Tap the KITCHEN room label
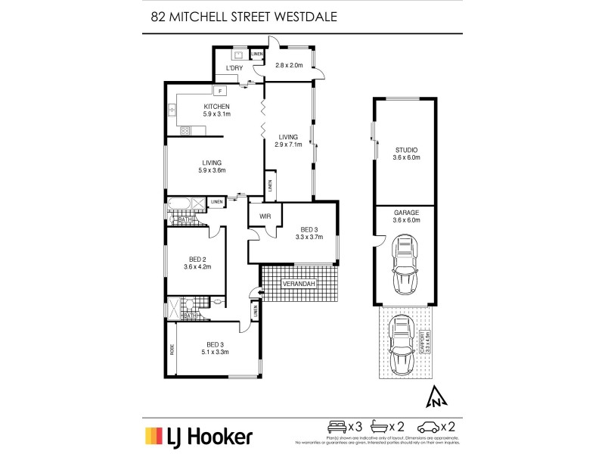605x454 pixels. [216, 106]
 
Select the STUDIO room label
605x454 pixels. [405, 150]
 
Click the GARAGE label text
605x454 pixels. [405, 213]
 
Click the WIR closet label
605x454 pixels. [264, 216]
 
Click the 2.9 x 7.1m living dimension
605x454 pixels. [288, 145]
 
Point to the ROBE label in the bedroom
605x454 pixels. [172, 350]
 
